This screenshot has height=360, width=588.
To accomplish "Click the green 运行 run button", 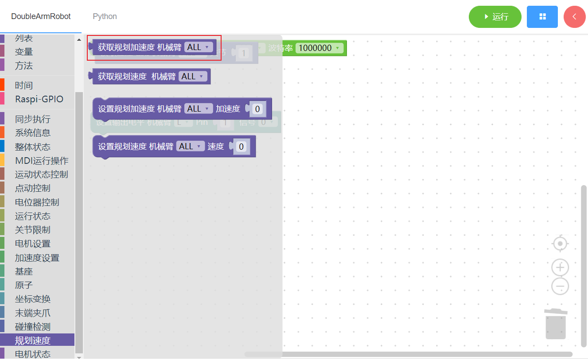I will point(495,17).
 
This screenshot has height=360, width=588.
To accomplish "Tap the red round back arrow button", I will point(574,17).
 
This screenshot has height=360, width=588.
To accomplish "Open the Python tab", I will point(105,16).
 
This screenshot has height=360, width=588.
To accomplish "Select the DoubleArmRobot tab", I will point(41,16).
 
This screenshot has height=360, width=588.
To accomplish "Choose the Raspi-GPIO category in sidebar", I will point(39,99).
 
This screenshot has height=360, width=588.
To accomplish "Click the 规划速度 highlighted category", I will point(33,341).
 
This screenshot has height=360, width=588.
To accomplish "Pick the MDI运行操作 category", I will point(42,161).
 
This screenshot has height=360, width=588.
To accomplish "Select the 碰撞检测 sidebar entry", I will point(33,327).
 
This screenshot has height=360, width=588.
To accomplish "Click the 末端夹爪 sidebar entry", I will point(33,313).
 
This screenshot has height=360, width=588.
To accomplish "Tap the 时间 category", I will point(24,85).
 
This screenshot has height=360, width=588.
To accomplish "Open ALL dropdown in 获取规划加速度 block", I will point(198,47).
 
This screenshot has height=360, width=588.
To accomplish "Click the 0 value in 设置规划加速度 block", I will point(257,109).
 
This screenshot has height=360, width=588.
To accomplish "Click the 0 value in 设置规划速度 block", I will point(241,147).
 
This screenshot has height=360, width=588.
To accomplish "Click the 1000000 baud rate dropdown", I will point(319,48).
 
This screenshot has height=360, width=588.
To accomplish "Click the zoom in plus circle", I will point(560,267).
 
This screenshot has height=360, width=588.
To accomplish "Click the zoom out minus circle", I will point(560,286).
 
